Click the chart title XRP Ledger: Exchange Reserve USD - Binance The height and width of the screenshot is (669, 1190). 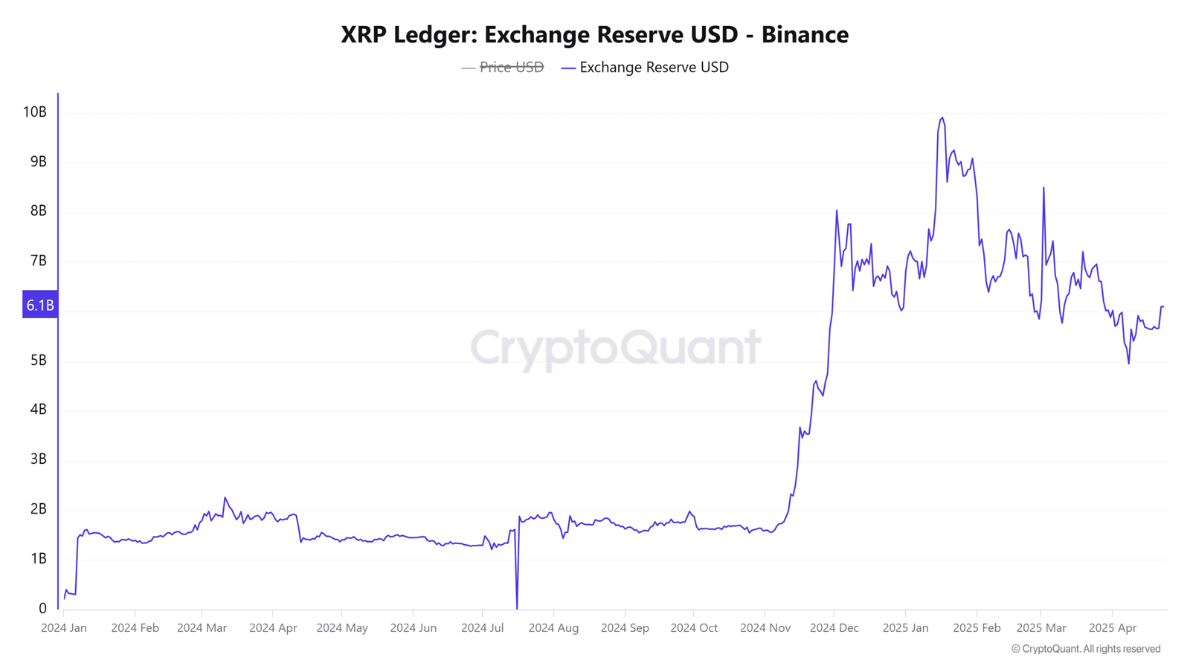point(594,34)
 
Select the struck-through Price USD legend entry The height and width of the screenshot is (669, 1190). point(511,67)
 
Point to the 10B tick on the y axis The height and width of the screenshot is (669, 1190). point(35,111)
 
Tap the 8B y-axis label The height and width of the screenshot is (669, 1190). point(38,210)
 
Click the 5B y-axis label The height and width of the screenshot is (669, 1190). point(38,360)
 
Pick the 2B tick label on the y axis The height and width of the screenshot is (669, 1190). point(38,508)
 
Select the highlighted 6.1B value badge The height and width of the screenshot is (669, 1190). point(40,305)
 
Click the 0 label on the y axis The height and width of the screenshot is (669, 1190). point(42,608)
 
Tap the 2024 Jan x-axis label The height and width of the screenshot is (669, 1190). point(64,627)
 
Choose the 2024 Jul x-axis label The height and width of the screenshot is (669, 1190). point(482,627)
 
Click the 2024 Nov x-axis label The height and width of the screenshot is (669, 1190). point(765,627)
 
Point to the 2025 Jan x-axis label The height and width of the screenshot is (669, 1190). point(905,627)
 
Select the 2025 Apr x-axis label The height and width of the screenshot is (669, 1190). point(1113,627)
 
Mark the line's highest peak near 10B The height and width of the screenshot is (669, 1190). point(942,117)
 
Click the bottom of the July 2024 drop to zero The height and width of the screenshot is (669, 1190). point(517,607)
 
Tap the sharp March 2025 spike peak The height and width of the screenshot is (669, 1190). point(1043,187)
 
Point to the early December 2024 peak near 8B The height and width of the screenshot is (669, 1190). point(837,210)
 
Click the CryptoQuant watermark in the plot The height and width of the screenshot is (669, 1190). point(615,347)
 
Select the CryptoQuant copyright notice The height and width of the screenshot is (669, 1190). point(1086,649)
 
